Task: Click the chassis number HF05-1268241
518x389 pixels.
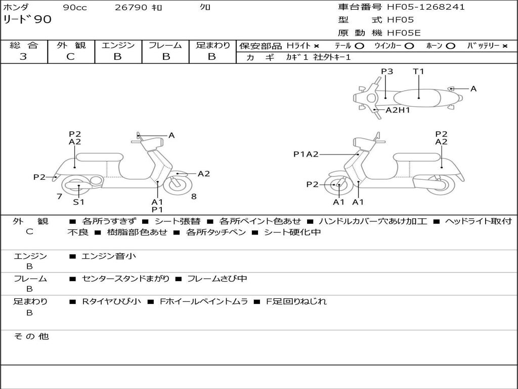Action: (425, 7)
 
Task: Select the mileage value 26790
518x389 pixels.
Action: (131, 8)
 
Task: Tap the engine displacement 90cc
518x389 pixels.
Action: (74, 8)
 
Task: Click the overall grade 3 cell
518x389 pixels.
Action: (23, 57)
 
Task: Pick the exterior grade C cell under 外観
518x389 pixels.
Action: (70, 57)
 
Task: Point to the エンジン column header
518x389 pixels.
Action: (118, 45)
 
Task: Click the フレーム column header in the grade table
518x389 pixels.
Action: (165, 45)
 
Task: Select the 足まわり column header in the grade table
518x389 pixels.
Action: (212, 45)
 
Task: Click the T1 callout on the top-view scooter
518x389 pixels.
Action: (418, 71)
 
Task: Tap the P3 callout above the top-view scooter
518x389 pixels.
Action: (387, 71)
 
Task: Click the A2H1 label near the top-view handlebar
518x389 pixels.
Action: (398, 110)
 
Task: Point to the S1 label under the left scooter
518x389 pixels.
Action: (78, 202)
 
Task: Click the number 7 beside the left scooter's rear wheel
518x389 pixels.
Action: (59, 197)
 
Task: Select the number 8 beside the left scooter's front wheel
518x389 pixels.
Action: (194, 197)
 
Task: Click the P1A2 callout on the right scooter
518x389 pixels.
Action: (306, 154)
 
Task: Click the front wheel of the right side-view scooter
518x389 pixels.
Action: (338, 185)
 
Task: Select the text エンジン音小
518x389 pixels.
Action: (109, 256)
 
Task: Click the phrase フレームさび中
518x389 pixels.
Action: (217, 279)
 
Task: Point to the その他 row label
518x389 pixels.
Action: (31, 336)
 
